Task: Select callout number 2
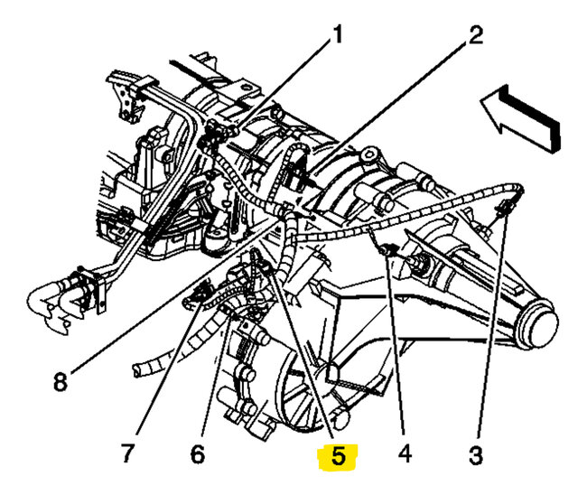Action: coord(476,35)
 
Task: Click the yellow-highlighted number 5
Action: coord(338,457)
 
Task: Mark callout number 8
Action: coord(60,382)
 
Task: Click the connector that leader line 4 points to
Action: coord(389,252)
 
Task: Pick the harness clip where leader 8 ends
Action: coord(287,214)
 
